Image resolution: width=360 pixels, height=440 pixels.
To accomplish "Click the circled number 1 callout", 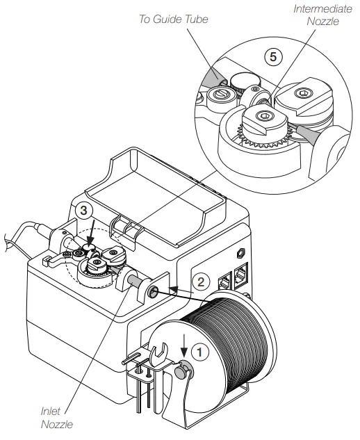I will pyautogui.click(x=199, y=352).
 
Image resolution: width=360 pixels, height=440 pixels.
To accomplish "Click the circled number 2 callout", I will pyautogui.click(x=199, y=282).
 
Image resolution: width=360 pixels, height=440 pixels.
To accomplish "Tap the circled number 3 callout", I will pyautogui.click(x=83, y=209).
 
